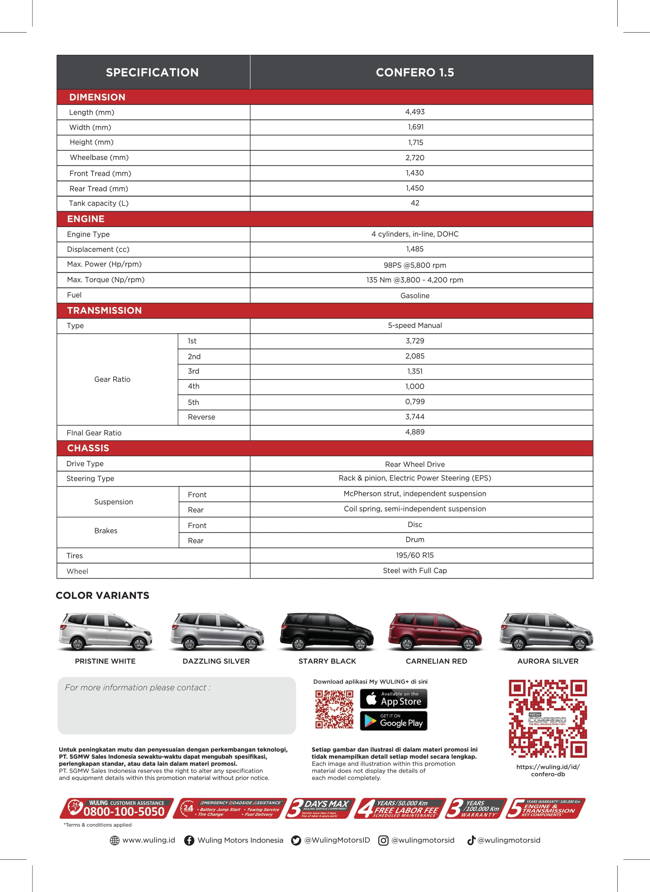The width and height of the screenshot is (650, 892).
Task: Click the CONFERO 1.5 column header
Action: click(x=415, y=73)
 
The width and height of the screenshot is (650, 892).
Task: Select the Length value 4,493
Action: click(x=415, y=112)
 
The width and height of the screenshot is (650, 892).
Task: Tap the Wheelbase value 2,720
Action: click(x=415, y=158)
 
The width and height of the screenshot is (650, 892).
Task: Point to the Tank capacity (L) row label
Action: click(x=99, y=203)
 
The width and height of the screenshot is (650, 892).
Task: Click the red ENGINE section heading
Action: click(x=86, y=219)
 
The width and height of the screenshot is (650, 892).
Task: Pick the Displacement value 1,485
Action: click(x=415, y=249)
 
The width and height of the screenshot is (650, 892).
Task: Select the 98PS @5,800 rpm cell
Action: click(x=415, y=265)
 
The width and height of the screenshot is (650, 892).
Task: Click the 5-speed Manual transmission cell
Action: click(x=415, y=326)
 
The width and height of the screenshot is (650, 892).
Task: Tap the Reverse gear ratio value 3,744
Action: click(x=415, y=417)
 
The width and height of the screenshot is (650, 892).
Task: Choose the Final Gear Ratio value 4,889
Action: click(x=415, y=432)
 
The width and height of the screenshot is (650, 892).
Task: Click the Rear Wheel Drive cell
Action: click(x=415, y=464)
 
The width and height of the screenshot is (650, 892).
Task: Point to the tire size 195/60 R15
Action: click(x=415, y=555)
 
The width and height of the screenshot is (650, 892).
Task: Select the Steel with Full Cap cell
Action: click(x=415, y=571)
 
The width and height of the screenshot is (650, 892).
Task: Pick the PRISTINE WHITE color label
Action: click(x=105, y=661)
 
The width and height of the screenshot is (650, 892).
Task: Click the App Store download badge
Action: click(x=393, y=699)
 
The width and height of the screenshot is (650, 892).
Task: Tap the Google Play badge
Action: click(x=393, y=721)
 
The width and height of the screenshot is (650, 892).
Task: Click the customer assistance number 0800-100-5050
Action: click(x=124, y=811)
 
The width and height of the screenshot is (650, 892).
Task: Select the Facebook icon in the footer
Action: click(x=189, y=840)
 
